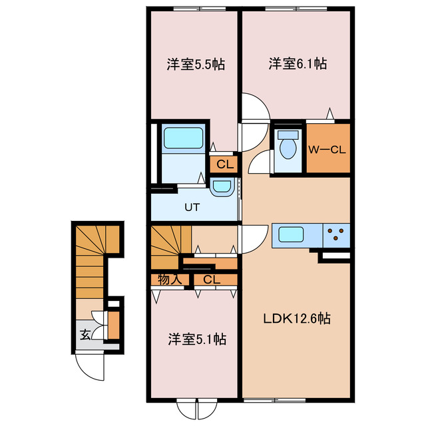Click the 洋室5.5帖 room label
(x=195, y=65)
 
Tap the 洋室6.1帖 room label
(x=297, y=64)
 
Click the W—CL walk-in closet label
(x=327, y=150)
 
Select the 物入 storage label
(x=170, y=280)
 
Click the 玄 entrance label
(x=85, y=335)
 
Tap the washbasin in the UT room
(x=221, y=188)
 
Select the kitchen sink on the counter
(x=293, y=234)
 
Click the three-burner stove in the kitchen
(x=337, y=234)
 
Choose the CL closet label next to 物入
(x=212, y=280)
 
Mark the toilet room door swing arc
(x=262, y=162)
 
